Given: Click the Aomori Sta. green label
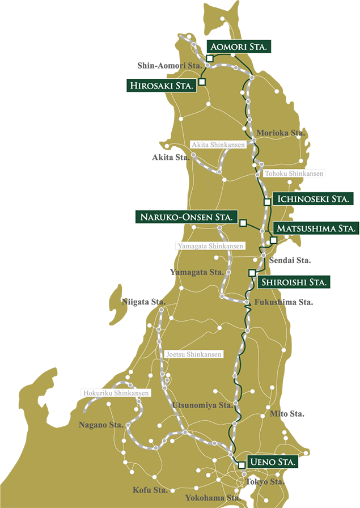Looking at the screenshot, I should [238, 46].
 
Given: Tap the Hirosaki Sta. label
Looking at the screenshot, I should [162, 86].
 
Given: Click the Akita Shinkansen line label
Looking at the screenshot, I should [218, 145].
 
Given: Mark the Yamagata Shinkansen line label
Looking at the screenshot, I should [210, 246].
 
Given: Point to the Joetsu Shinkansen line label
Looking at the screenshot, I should [194, 354].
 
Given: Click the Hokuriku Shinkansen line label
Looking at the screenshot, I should [116, 393].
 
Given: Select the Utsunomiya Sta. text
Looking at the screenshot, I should [202, 405].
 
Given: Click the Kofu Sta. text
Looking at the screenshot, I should [150, 489].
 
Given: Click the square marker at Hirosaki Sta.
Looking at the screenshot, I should [202, 82].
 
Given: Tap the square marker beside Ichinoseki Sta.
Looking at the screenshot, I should [267, 202].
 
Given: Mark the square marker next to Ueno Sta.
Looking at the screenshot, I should [242, 465].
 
